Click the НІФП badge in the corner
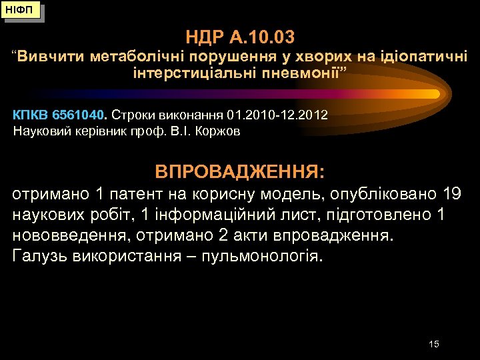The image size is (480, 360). (22, 11)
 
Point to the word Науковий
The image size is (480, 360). (38, 131)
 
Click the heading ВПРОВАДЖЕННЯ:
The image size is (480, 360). (240, 173)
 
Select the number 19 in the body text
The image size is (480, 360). (451, 195)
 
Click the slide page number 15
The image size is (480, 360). (434, 344)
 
